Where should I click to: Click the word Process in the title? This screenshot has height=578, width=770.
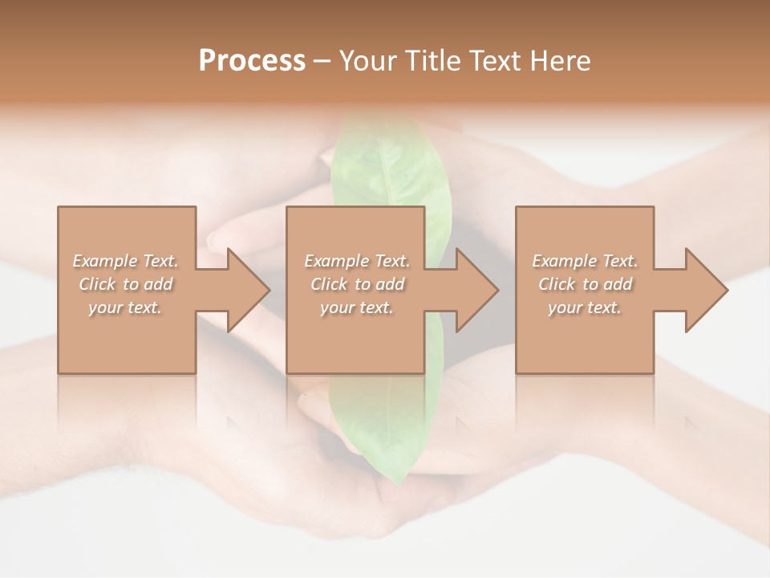tap(252, 61)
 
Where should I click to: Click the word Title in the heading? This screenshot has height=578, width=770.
tap(432, 61)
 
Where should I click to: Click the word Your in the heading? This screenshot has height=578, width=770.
tap(369, 61)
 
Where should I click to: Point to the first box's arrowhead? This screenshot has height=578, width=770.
tap(248, 290)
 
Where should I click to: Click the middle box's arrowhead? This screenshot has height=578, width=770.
tap(476, 290)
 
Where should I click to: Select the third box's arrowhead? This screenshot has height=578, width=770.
tap(706, 290)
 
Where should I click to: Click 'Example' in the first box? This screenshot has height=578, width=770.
tap(105, 261)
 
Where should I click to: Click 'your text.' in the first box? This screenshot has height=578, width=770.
tap(125, 307)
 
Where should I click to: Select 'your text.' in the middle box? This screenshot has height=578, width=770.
tap(356, 307)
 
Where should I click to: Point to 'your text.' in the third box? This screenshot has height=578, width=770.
tap(584, 307)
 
